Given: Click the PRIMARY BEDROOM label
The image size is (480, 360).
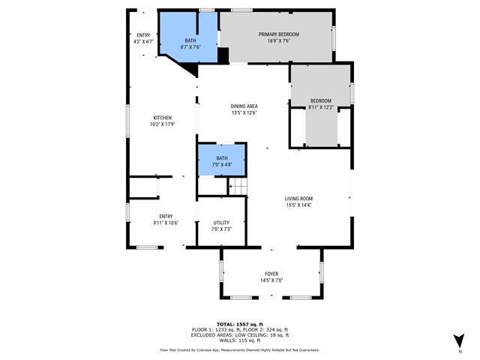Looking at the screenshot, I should coord(279,34).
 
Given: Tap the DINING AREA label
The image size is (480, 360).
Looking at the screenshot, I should coord(244,106).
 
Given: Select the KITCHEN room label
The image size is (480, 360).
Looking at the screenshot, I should coord(163,118).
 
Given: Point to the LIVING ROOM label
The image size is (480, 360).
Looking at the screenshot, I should coord(298,198).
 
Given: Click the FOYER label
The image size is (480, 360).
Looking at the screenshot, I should coord(271,274).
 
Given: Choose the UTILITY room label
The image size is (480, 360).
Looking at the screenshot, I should coord(221,223).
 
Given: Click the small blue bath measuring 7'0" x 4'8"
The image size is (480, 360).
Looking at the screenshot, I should coord(221,160).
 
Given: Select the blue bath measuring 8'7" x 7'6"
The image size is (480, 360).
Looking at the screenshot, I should coord(190,43).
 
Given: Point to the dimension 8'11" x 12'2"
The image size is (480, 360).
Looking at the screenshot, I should coord(320,107).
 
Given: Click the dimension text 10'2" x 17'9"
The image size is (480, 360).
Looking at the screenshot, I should coord(163,124).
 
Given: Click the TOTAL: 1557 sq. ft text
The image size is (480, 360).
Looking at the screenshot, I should coord(239,324).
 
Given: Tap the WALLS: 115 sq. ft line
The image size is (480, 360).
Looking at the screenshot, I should coord(239,341).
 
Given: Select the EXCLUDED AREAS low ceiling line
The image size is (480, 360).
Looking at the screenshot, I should coord(239,335).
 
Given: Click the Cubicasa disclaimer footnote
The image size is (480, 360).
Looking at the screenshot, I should coord(239,349).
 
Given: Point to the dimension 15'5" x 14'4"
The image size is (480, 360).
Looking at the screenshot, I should coord(298,205).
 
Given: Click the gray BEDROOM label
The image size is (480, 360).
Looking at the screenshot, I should coord(320,100).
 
